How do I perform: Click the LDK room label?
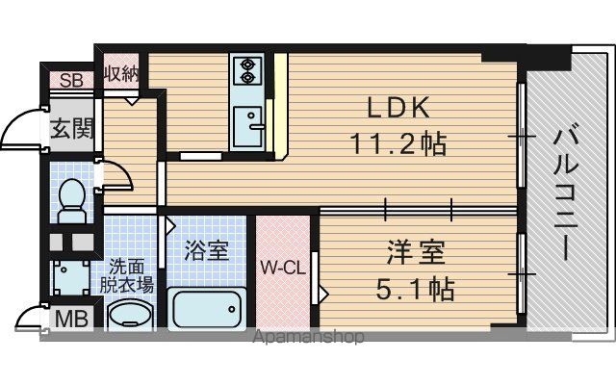tap(398, 108)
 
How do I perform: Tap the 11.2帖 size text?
tap(398, 143)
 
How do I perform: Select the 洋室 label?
tap(416, 253)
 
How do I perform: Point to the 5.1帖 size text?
tap(416, 289)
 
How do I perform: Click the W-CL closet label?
tap(283, 269)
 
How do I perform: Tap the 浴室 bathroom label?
tap(207, 250)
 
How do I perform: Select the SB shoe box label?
tap(71, 81)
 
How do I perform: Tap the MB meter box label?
tap(71, 319)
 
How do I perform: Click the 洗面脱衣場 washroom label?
tap(126, 276)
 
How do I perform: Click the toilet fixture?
tap(72, 201)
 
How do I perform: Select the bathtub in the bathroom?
tap(207, 308)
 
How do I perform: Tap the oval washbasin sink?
tap(128, 315)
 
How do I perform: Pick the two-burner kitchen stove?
tap(247, 71)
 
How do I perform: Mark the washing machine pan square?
tap(70, 277)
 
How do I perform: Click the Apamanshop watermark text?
tap(309, 337)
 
